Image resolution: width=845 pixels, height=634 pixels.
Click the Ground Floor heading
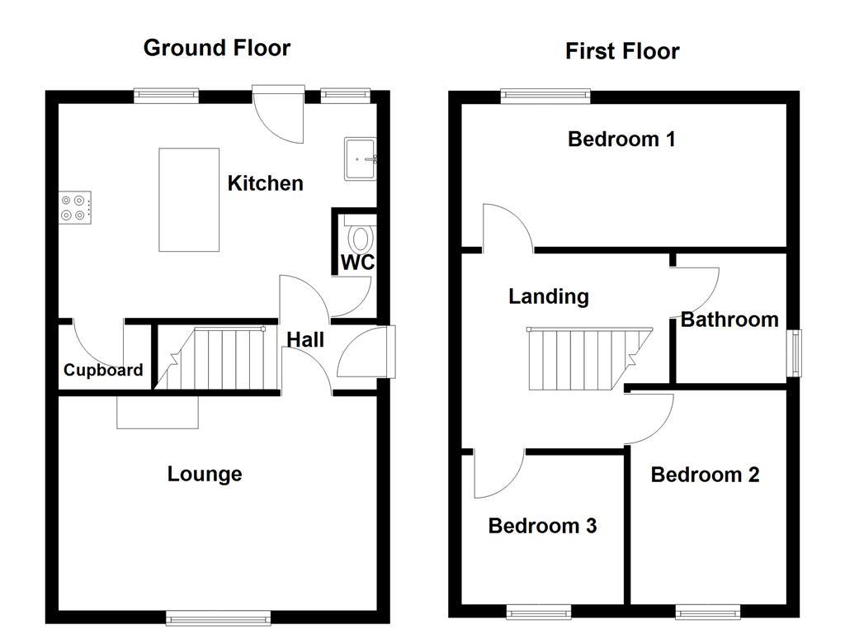coord(217,48)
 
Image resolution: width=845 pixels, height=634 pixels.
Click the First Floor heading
coord(622,51)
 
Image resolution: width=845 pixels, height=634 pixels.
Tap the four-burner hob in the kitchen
coord(75,206)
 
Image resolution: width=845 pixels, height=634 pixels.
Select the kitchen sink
coord(361,157)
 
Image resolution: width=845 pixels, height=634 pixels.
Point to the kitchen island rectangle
coord(189,200)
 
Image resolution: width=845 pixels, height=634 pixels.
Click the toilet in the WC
coord(361,239)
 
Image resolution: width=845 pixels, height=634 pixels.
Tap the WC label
coord(357,263)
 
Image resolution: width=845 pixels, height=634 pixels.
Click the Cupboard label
coord(103,371)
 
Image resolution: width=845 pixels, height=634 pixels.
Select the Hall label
coord(305,339)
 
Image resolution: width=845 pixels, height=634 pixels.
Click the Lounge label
coord(205,474)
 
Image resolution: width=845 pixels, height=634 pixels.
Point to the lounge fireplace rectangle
coord(158,412)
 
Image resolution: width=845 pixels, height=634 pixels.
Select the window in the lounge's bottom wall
coord(218,616)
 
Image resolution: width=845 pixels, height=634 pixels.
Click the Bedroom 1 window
coord(545,96)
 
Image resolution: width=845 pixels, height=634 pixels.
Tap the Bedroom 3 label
coord(542,526)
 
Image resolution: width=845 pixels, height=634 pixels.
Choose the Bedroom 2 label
coord(705,475)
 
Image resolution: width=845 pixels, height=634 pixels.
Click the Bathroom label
coord(729,319)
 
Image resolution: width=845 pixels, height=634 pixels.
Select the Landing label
coord(548,296)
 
